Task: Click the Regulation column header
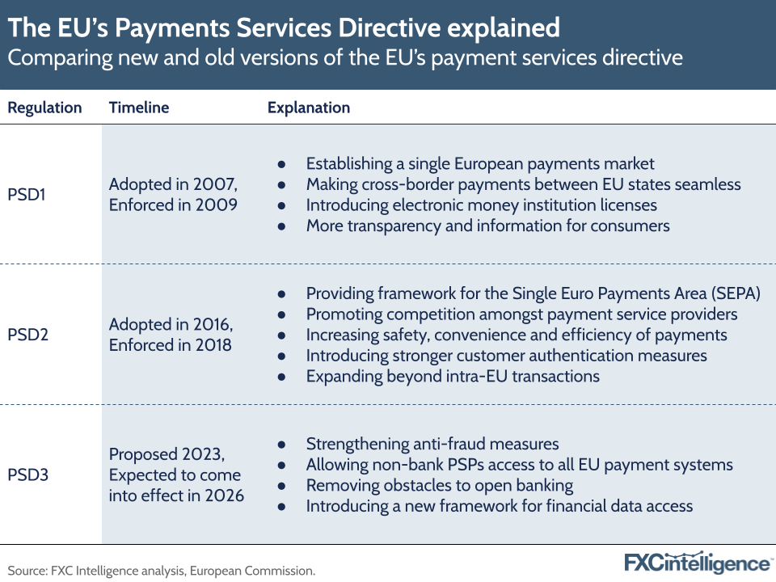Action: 45,108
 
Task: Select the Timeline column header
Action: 139,108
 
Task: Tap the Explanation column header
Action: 309,108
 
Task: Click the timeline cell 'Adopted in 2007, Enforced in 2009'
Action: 173,194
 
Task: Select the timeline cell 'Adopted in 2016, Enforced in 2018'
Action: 171,334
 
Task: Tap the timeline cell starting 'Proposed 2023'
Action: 176,474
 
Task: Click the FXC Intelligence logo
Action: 698,563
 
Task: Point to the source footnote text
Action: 162,571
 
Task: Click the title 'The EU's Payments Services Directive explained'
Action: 284,28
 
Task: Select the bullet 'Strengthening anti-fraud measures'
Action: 431,444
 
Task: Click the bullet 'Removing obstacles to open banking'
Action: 439,485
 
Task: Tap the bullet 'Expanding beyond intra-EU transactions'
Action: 453,376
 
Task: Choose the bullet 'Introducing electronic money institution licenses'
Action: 481,205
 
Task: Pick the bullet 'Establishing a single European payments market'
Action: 480,163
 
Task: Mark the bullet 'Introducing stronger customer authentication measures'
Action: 506,356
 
